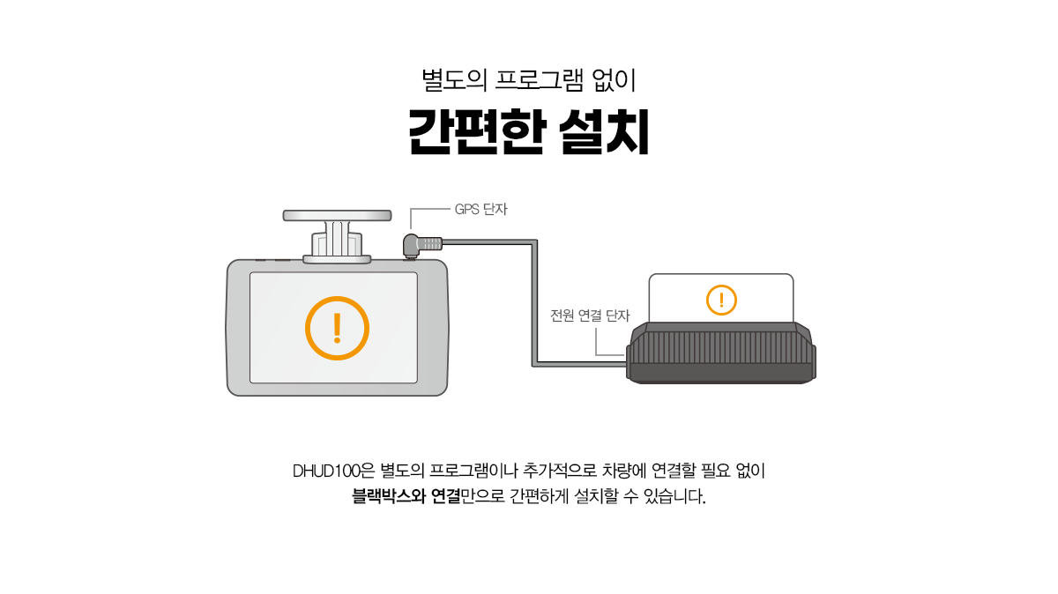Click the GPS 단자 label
pos(481,209)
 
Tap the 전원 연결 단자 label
pos(590,316)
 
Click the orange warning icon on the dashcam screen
pos(337,328)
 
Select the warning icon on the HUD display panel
pos(721,300)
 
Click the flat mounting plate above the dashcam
pos(337,216)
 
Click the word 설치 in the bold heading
pos(605,131)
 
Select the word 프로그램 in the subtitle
pos(539,80)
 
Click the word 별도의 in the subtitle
pos(454,80)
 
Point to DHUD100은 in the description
pos(333,471)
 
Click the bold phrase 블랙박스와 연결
pos(406,496)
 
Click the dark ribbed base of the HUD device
pos(721,353)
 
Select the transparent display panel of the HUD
pos(721,299)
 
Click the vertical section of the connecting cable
pos(535,302)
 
